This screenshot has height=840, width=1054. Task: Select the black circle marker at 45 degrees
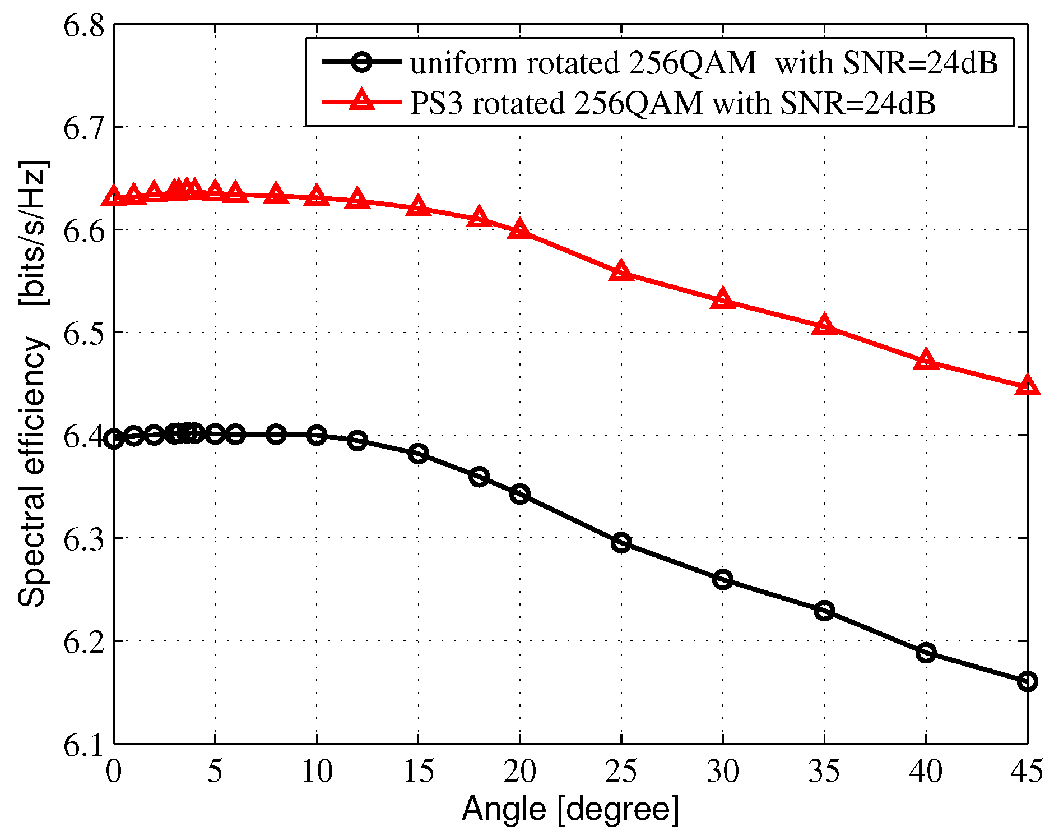(1027, 681)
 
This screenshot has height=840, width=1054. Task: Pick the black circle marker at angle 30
(722, 579)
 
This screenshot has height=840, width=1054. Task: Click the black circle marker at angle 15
(418, 453)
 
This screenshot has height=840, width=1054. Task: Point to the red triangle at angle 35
(824, 325)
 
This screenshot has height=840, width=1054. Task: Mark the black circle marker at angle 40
(926, 652)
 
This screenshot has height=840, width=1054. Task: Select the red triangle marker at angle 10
(317, 196)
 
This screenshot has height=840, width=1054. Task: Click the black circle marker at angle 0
(114, 439)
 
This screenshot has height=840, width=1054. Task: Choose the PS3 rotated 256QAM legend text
(672, 103)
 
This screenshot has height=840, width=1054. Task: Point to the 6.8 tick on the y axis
(84, 26)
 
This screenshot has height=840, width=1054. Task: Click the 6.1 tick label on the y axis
(84, 745)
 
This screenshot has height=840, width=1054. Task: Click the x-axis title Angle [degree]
(570, 809)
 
